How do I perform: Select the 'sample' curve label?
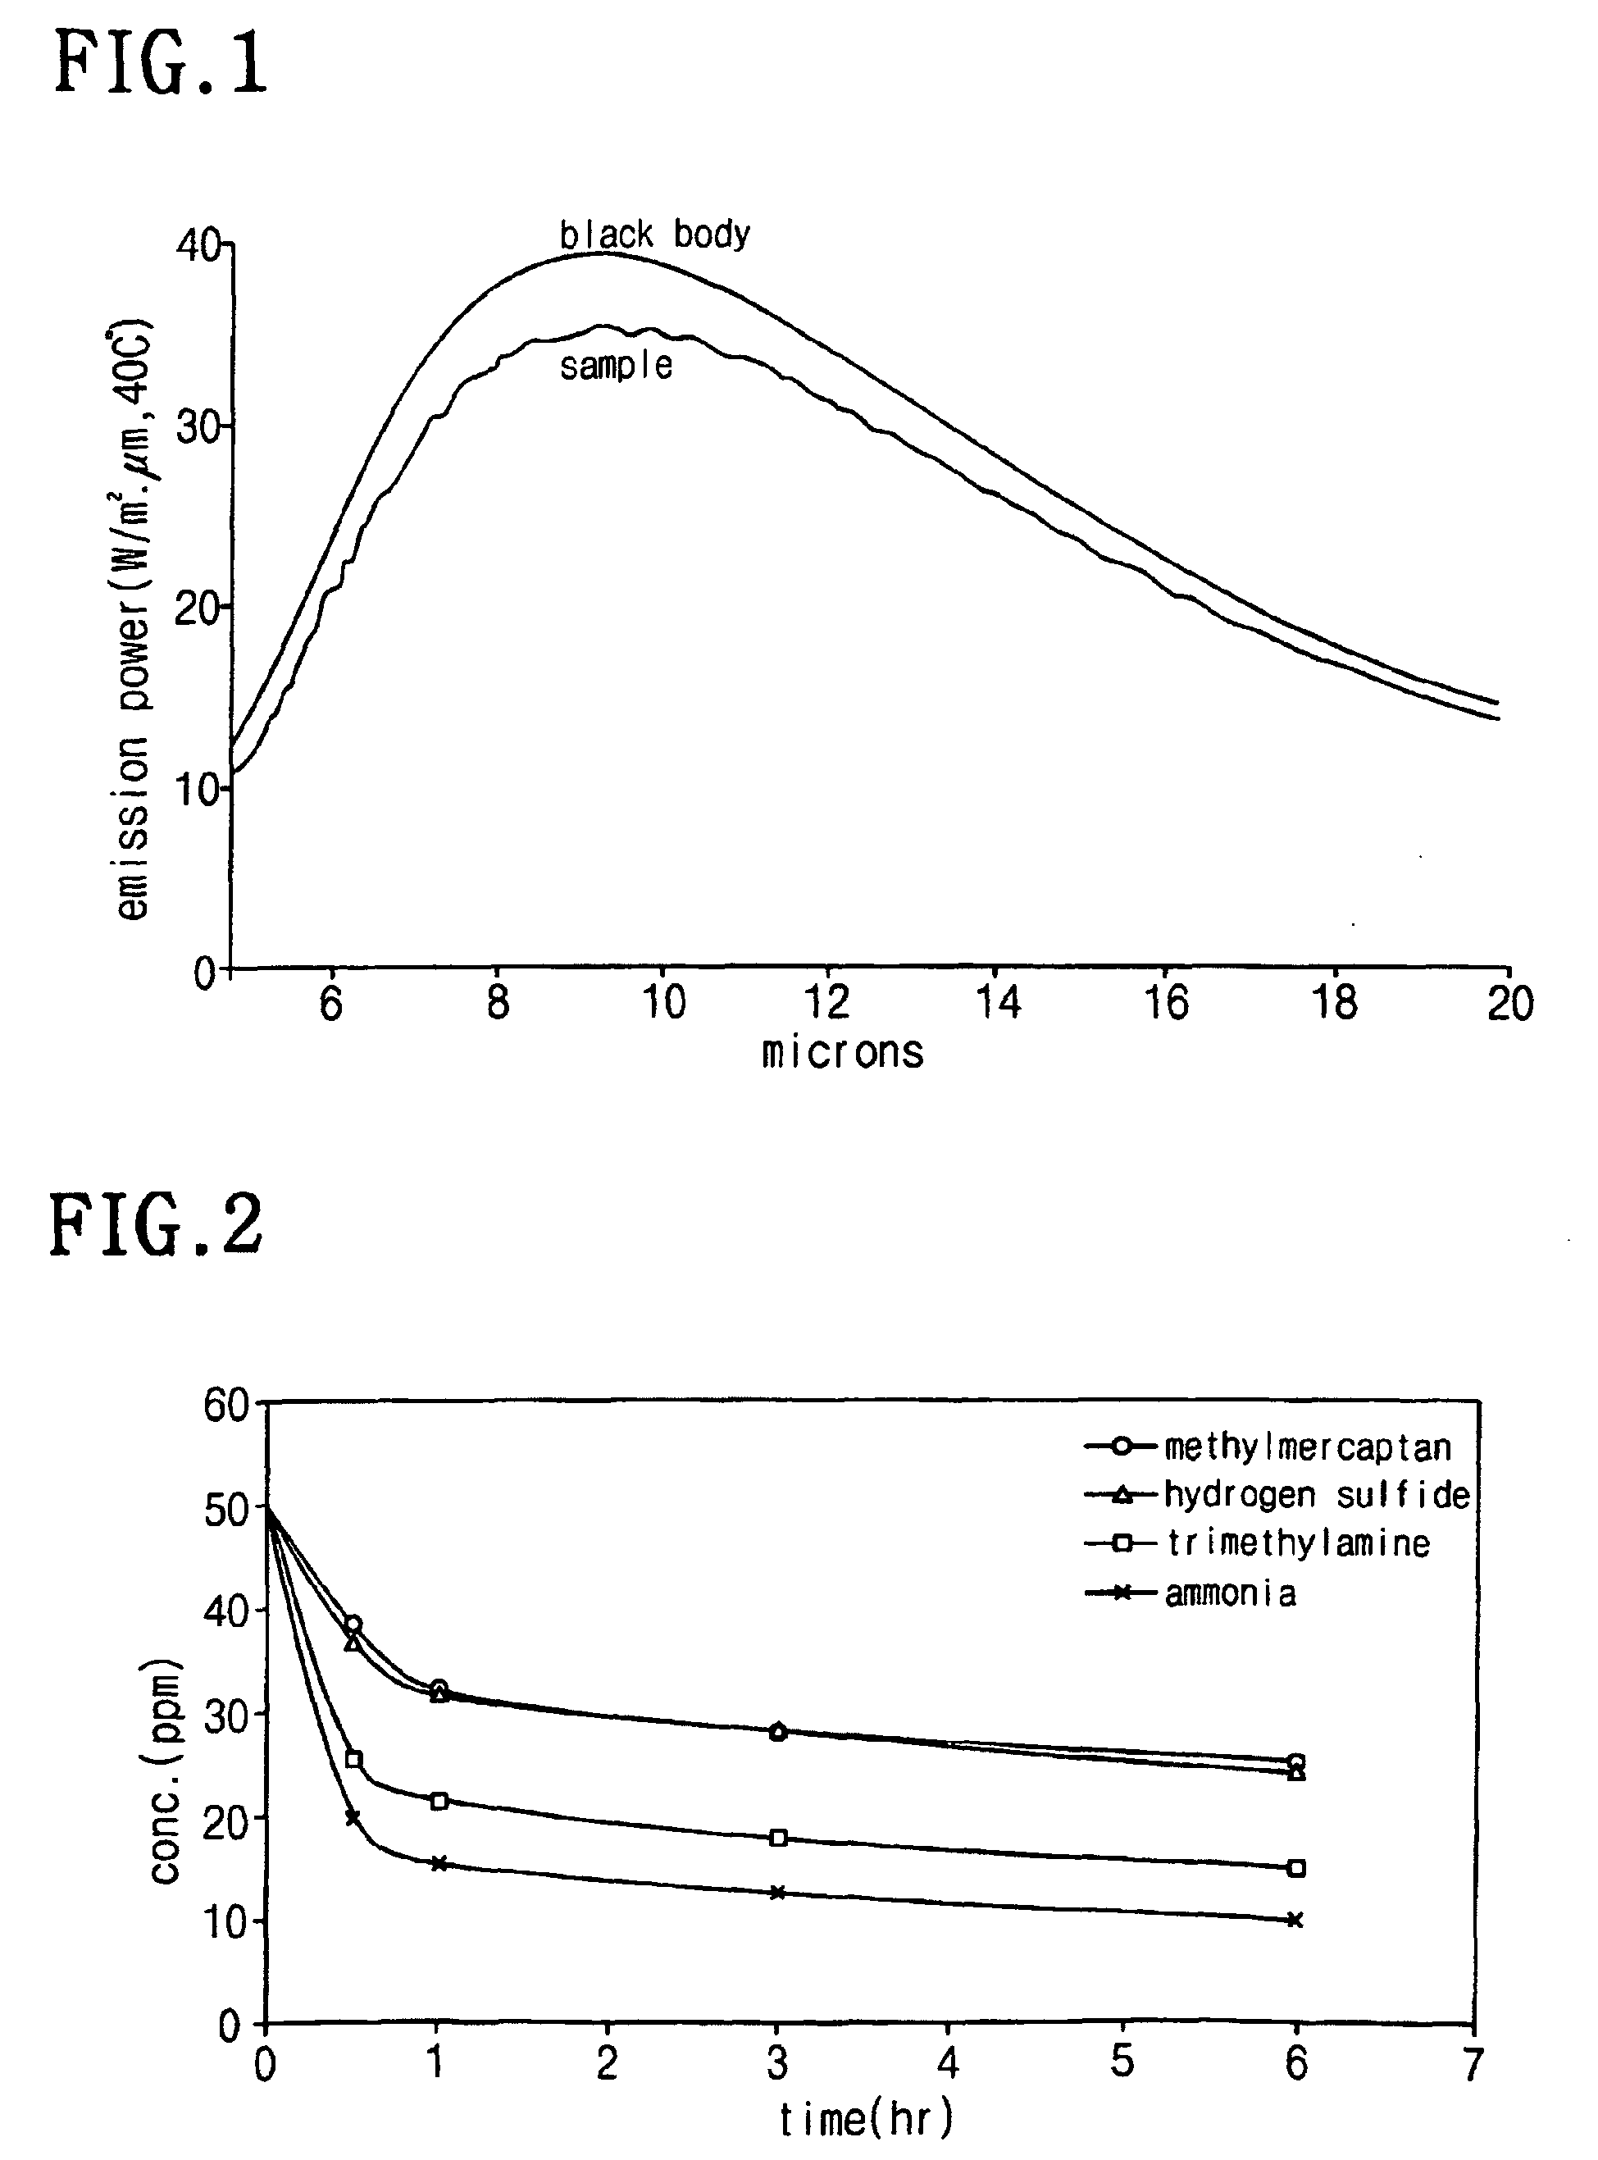[x=617, y=366]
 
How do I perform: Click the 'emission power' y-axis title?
[x=134, y=619]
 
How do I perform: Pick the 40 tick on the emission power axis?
[x=198, y=246]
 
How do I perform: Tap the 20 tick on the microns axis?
[x=1509, y=1003]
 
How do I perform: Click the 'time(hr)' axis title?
[x=866, y=2118]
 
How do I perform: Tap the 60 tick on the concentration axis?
[x=226, y=1405]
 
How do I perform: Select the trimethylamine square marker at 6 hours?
[x=1297, y=1869]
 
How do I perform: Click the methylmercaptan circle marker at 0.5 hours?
[x=353, y=1625]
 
